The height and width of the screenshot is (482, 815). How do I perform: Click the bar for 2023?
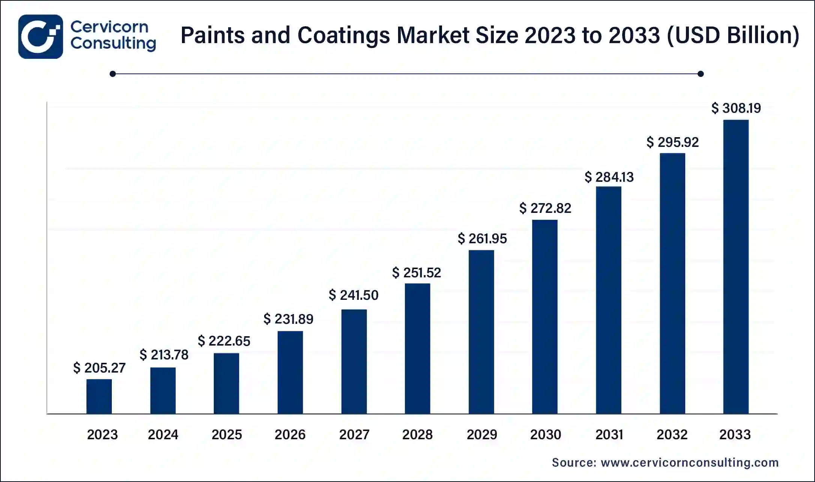coord(99,396)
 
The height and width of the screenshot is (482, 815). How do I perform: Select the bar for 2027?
coord(354,361)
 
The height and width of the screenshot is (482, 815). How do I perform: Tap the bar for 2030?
coord(545,317)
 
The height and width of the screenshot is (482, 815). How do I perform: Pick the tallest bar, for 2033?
coord(736,266)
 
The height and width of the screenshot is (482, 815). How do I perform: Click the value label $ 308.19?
coord(736,108)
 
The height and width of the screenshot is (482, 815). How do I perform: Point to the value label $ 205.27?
coord(99,368)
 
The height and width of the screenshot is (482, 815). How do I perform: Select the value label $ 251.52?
coord(417,273)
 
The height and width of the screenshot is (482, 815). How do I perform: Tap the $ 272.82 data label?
coord(545,208)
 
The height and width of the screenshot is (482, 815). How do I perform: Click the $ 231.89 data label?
coord(288,319)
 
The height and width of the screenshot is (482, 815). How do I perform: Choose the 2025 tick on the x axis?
coord(227,435)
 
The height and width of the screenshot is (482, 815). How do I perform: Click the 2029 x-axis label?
coord(482,435)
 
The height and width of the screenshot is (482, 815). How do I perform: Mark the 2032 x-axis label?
coord(672,435)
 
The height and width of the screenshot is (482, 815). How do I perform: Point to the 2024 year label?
coord(163,435)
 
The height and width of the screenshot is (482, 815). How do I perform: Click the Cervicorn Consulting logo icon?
coord(41,37)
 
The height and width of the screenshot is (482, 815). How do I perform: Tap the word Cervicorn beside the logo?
coord(109,27)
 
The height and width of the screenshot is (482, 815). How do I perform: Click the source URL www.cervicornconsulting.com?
coord(690,463)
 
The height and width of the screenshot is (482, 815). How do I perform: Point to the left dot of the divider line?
coord(113,74)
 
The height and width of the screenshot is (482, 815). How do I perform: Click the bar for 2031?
coord(609,300)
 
